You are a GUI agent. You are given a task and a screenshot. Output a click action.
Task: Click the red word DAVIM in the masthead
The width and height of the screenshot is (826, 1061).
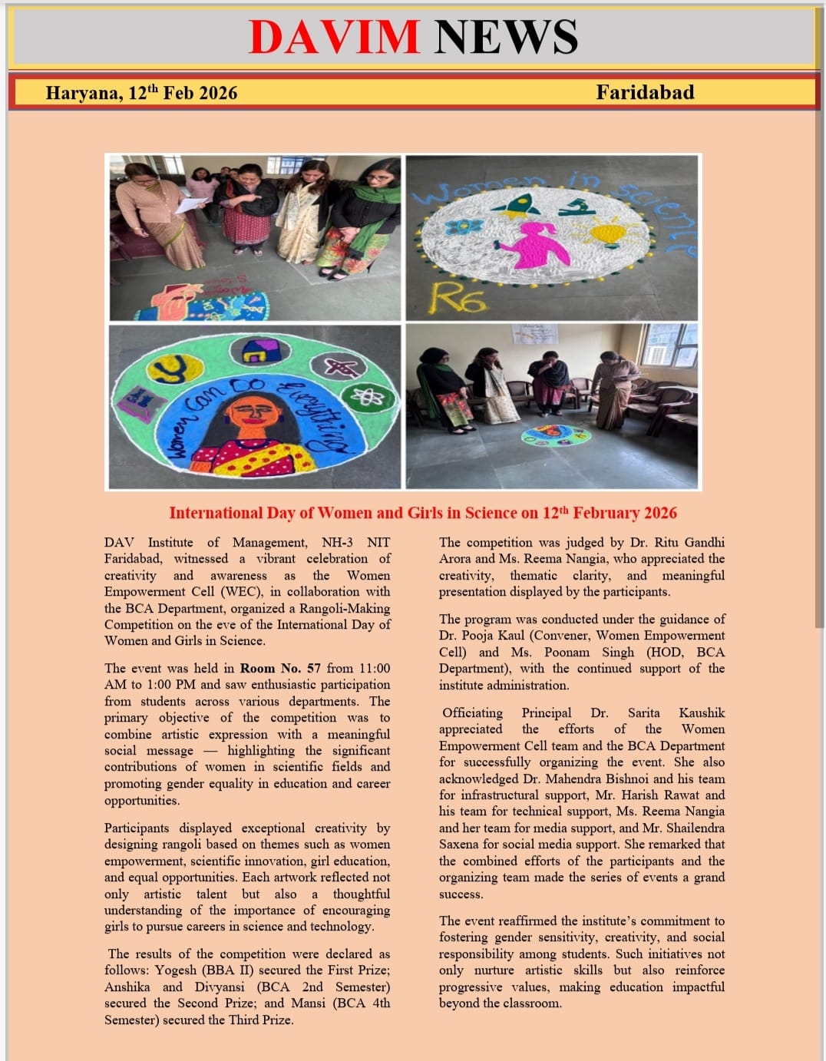[x=334, y=37]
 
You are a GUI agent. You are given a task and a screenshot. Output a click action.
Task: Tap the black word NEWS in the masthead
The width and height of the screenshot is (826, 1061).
[x=506, y=37]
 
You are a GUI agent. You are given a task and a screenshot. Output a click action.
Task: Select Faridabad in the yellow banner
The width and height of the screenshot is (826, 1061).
[x=645, y=92]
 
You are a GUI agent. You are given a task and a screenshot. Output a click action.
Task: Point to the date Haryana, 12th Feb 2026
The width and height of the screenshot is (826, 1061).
[x=141, y=93]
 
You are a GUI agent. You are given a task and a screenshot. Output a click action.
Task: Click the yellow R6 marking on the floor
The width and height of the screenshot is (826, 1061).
[x=459, y=296]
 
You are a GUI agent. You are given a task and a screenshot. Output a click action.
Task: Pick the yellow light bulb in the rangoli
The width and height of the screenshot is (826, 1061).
[x=609, y=231]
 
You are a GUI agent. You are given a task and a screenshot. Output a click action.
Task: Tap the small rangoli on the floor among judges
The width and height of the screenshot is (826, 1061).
[x=556, y=436]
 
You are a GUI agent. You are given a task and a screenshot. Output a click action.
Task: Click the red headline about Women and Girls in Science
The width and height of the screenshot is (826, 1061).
[x=423, y=513]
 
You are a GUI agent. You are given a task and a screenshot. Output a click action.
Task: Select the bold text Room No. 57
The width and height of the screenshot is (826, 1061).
[x=280, y=668]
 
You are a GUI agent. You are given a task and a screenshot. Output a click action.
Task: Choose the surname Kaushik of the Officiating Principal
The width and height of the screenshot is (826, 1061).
[x=702, y=712]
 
